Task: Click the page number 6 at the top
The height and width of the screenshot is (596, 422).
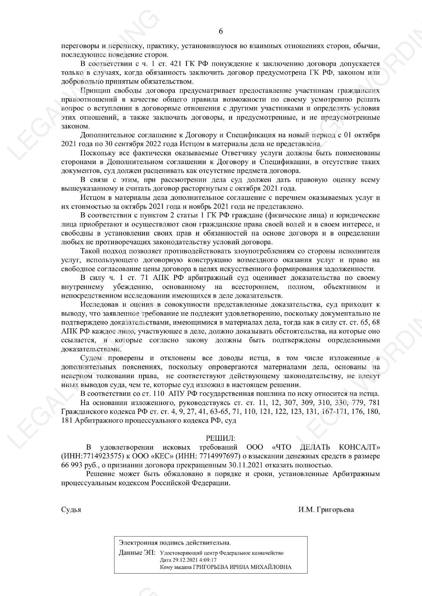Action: click(221, 32)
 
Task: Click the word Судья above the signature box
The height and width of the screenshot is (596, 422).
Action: click(71, 510)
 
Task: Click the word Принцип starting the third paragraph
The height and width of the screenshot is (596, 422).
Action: click(92, 91)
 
